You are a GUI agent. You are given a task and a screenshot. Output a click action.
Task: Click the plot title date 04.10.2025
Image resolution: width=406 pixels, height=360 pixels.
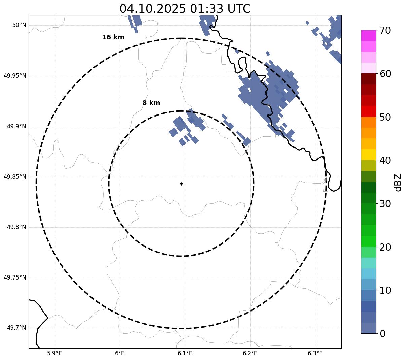152,9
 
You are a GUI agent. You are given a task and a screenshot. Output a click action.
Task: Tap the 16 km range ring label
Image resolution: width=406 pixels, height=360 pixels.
113,37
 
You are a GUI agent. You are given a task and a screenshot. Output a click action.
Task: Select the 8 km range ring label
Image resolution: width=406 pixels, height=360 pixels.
151,103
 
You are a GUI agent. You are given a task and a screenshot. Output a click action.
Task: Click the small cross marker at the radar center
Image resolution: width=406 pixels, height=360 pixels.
181,184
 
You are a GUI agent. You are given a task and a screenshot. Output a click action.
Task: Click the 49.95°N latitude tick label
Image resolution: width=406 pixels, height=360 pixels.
15,76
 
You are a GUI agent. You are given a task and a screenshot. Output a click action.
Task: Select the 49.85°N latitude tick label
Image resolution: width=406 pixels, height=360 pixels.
15,177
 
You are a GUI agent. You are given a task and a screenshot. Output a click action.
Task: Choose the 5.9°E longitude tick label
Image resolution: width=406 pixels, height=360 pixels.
54,353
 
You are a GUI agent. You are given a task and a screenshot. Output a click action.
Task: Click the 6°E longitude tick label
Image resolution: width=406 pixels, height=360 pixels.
120,353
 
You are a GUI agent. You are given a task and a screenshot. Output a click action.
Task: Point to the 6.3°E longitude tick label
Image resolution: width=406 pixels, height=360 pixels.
315,353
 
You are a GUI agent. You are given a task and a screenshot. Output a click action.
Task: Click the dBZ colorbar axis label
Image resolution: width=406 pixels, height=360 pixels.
398,182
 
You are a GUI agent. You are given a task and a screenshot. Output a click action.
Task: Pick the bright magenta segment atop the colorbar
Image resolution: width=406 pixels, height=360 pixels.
368,35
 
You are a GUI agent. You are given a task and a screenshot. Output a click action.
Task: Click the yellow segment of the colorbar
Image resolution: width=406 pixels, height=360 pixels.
368,155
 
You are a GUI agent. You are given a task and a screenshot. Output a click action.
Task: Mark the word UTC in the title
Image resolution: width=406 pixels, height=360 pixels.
239,9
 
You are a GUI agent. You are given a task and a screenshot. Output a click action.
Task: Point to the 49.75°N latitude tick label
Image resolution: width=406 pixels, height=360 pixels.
15,277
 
